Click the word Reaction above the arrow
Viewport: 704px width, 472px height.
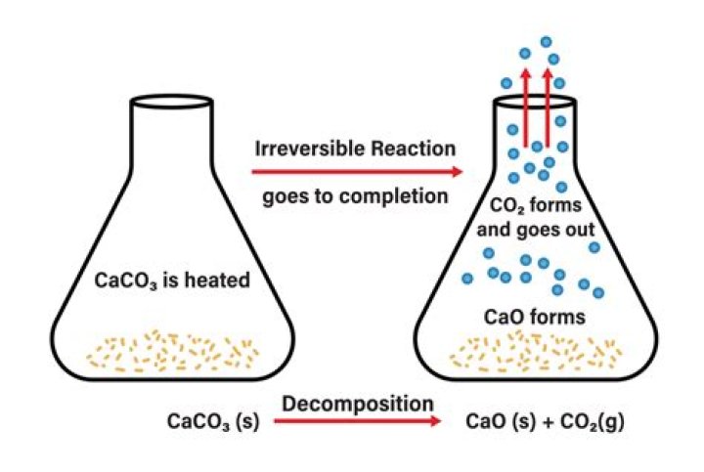[x=411, y=150]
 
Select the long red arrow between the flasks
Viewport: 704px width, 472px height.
[x=357, y=172]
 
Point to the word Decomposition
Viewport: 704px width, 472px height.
[x=359, y=403]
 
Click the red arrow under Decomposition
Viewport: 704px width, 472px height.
[x=357, y=422]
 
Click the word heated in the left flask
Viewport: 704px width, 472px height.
[x=220, y=280]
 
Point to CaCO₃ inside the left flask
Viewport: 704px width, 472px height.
[x=130, y=280]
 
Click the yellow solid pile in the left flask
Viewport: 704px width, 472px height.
[x=173, y=350]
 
